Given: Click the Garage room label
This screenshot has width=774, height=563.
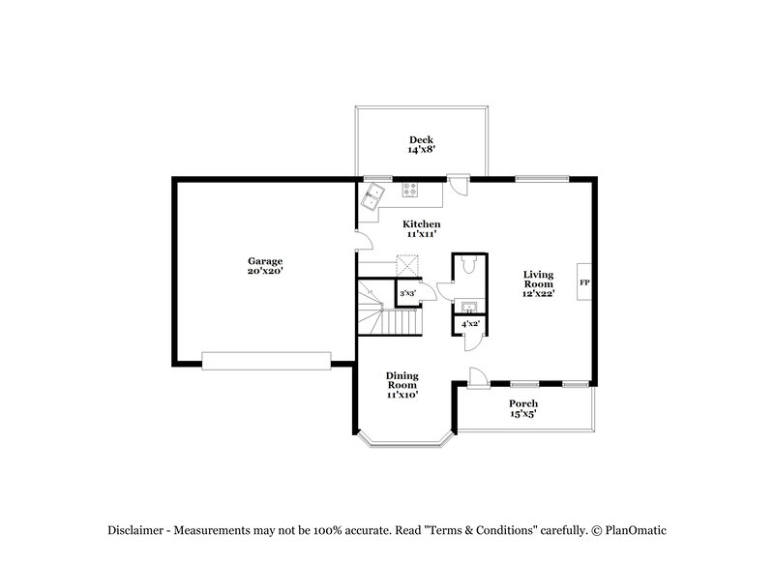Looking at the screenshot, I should point(264,260).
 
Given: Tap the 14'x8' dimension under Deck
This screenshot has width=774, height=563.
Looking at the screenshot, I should point(421,151).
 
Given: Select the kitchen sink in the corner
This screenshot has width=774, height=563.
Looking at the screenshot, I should point(372,199).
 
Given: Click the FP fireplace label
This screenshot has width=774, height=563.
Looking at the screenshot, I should point(583,282).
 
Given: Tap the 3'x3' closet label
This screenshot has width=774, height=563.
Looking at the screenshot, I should point(408,293).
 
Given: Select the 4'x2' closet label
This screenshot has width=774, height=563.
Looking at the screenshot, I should point(469,323).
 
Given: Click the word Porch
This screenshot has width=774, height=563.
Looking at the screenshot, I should point(523,403).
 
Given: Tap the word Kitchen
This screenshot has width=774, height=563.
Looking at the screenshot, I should point(422,223).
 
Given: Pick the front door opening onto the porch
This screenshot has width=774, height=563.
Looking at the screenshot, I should point(476,378).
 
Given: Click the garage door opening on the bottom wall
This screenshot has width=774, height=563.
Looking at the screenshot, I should point(265,360).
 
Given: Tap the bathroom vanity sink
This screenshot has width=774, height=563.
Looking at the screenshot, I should point(468,307).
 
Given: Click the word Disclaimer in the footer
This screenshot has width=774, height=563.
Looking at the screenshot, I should point(134,530).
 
